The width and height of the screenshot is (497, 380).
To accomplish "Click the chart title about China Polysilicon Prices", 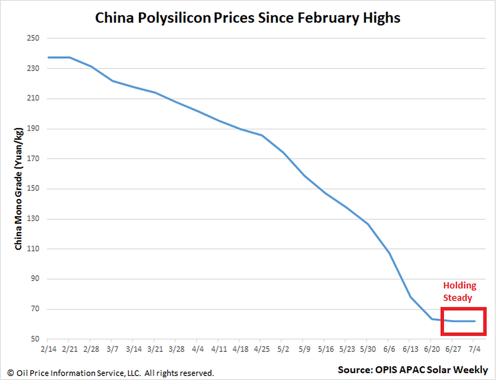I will pos(247,18).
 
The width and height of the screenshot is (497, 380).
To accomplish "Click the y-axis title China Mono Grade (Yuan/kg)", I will pos(19,189).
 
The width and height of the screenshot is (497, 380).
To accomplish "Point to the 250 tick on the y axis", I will pos(33,38).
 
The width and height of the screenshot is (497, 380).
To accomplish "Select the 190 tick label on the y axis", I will pos(33,128).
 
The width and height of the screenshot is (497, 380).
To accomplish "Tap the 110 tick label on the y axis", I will pos(33,249).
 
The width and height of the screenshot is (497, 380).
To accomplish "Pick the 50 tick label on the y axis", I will pos(35,339).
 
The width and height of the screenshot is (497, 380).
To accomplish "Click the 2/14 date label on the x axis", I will pos(49,349).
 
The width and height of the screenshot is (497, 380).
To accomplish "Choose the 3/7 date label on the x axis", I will pos(112,349).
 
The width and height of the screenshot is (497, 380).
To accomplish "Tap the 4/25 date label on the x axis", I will pos(262,349).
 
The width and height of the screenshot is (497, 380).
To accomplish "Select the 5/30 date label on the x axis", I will pos(368,349).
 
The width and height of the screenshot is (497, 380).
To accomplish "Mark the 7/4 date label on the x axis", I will pos(474,349).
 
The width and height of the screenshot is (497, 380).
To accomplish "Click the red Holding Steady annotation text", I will pos(459,292).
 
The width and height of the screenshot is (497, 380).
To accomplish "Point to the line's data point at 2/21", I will pos(70,57).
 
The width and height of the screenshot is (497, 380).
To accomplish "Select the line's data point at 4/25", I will pos(262,135).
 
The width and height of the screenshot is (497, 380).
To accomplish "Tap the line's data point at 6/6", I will pos(389,253).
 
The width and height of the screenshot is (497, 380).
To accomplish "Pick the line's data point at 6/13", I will pos(411,297).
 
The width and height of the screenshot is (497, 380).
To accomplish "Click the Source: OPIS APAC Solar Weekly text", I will pos(413,370).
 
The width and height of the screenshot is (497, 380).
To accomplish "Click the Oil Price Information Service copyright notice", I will pos(110,373).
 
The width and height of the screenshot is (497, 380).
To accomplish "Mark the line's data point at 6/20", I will pos(432,319).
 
